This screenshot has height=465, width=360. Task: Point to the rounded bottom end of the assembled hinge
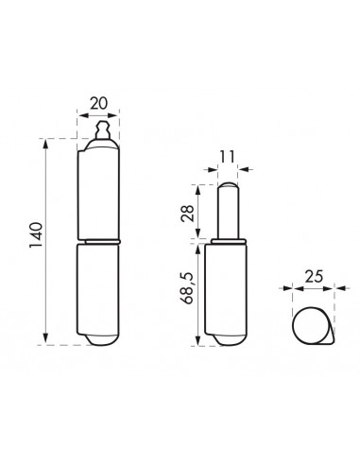tap(99, 339)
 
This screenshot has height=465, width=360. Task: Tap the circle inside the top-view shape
tap(307, 326)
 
